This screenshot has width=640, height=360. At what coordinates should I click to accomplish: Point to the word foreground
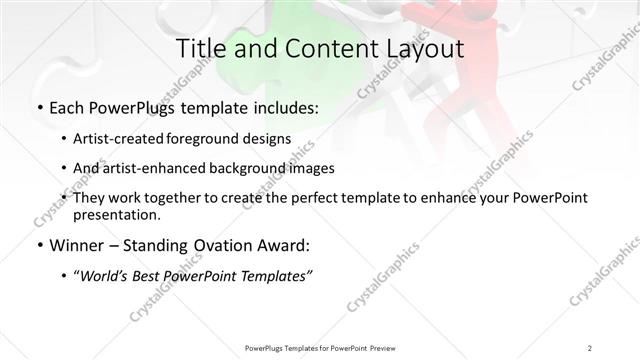(215, 138)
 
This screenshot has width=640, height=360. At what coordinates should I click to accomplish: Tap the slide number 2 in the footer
(590, 347)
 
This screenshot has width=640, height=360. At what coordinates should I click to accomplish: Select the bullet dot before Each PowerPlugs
(39, 107)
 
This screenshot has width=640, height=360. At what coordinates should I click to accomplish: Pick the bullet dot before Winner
(39, 246)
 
